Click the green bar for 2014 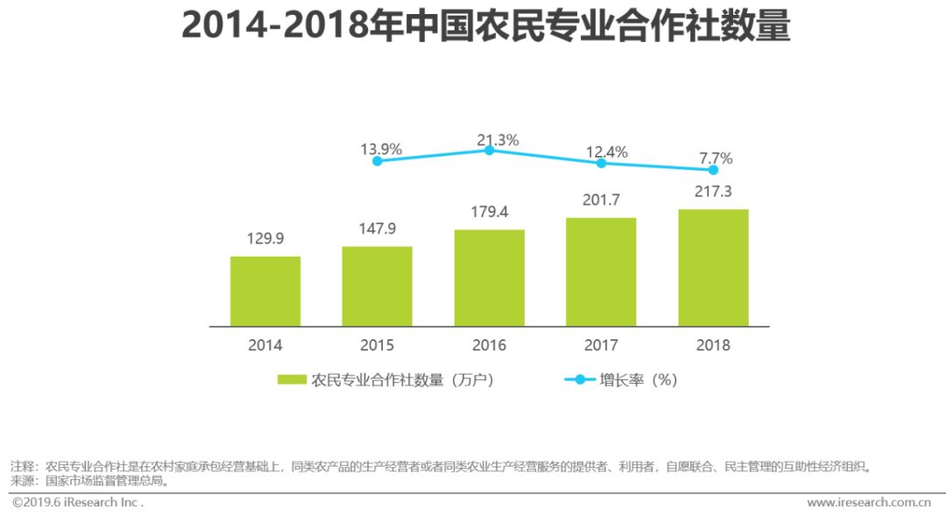click(x=265, y=291)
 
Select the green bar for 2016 click(x=490, y=278)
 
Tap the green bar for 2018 click(x=713, y=267)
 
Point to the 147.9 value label click(x=377, y=230)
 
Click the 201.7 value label click(x=601, y=201)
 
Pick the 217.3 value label click(x=713, y=191)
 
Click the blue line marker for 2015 click(x=378, y=161)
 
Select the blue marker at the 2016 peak click(x=490, y=151)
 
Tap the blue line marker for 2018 click(x=713, y=170)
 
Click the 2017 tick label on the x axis click(x=601, y=345)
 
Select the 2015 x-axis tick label click(x=378, y=345)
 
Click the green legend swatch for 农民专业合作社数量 click(x=292, y=379)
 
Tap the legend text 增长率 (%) click(x=638, y=379)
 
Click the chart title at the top click(x=486, y=26)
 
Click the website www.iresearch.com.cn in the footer click(x=868, y=502)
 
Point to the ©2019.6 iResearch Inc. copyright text click(x=77, y=502)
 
